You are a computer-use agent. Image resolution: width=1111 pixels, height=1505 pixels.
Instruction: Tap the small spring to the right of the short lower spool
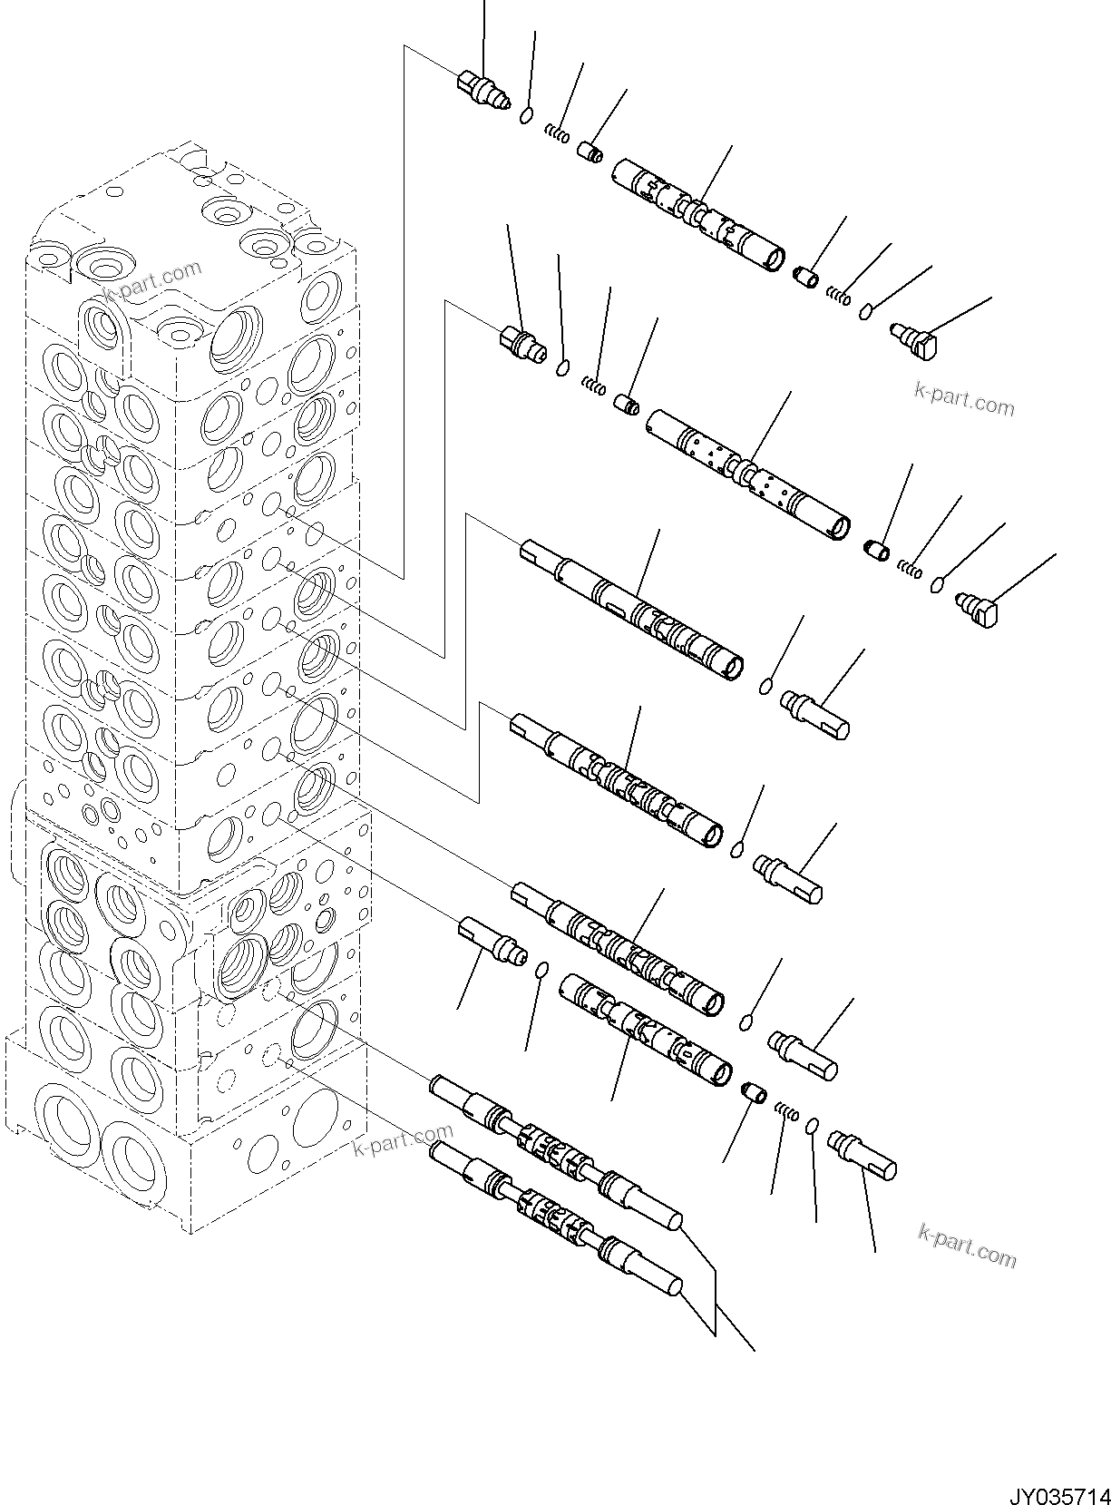click(x=787, y=1112)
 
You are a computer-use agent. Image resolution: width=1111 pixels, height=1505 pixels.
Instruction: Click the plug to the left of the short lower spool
click(x=492, y=940)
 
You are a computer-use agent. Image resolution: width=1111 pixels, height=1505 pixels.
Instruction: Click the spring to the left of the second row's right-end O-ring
click(x=911, y=570)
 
